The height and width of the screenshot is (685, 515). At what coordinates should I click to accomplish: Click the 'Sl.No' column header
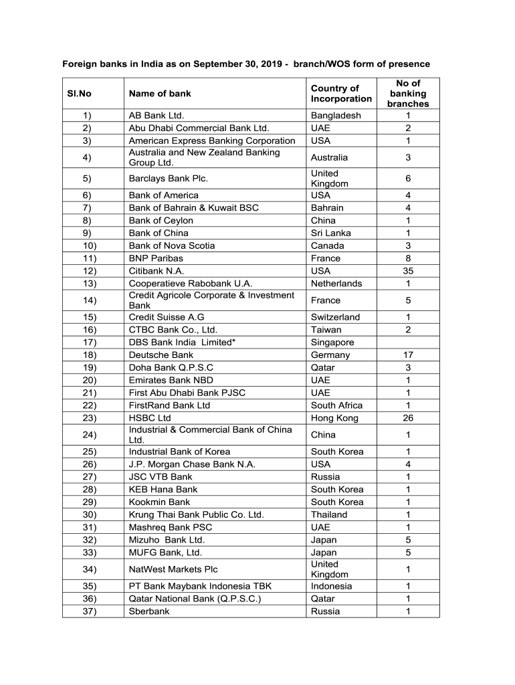(79, 94)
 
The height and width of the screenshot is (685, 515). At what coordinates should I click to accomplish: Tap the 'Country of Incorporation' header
(341, 94)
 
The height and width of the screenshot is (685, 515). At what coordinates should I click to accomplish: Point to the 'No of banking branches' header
(408, 94)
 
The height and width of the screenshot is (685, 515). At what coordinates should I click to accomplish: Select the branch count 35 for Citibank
(408, 271)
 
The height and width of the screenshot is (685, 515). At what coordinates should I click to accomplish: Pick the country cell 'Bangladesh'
(336, 116)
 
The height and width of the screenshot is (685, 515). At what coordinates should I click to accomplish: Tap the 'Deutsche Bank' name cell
(161, 355)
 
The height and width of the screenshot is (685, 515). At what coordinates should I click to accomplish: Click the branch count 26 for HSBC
(408, 418)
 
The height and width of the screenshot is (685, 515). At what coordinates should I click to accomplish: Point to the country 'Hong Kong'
(334, 418)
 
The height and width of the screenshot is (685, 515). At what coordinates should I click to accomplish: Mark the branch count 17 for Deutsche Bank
(408, 355)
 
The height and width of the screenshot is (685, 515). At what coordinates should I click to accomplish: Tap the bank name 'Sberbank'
(150, 611)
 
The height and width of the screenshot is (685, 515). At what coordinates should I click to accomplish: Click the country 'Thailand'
(329, 514)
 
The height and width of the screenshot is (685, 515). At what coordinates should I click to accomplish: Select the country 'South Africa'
(337, 405)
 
